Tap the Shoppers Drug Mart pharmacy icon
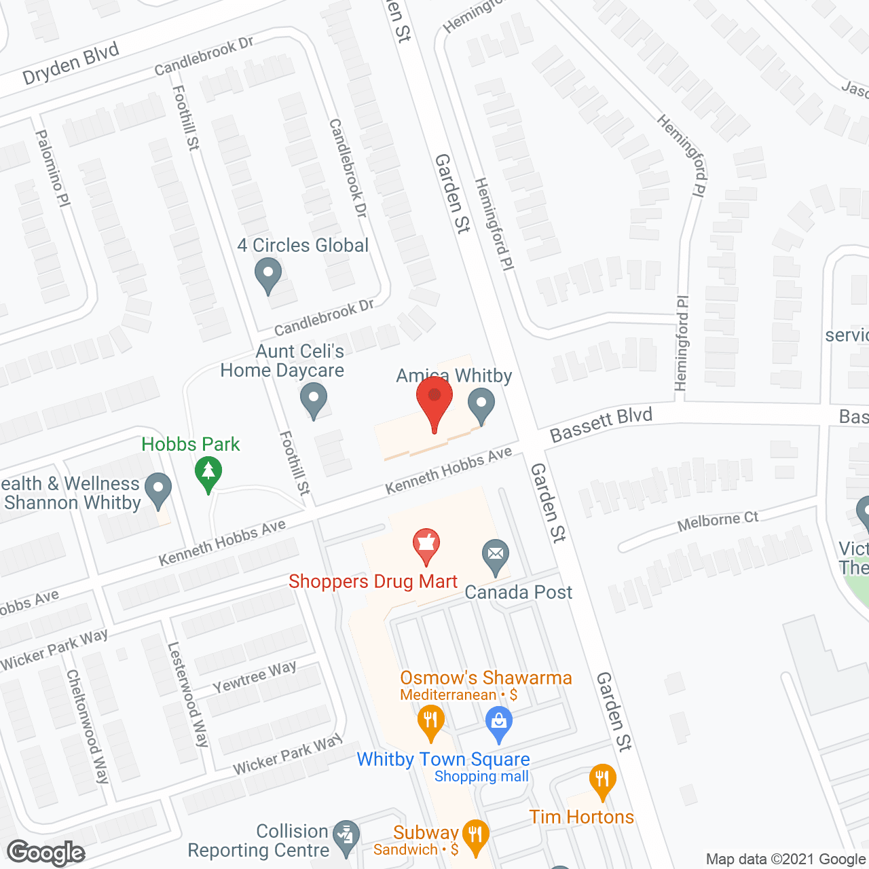pos(426,544)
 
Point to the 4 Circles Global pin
pos(268,276)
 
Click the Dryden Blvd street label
pos(71,63)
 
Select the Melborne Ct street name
pos(718,521)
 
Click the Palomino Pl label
pos(53,168)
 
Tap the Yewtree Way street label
pos(255,677)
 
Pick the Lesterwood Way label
pos(188,695)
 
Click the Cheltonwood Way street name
pos(87,726)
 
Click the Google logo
pos(46,853)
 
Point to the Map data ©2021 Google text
pos(785,859)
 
